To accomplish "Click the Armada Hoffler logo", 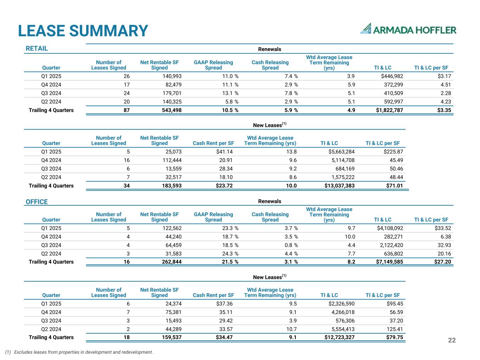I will click(408, 29).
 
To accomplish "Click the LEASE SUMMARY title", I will click(83, 31).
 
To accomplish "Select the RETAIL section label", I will click(37, 49).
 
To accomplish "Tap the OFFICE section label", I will click(37, 202).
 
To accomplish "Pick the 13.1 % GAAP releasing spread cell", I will click(226, 93).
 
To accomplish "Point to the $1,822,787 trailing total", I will click(385, 110).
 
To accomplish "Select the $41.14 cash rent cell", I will click(224, 152).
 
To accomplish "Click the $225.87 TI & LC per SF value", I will click(391, 152).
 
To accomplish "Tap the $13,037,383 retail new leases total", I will click(339, 186).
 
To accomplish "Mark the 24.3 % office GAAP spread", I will click(226, 253).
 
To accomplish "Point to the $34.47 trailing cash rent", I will click(224, 337).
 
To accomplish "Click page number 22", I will click(452, 340).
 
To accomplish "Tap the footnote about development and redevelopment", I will click(79, 352).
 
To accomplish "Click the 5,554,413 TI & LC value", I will click(341, 329).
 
